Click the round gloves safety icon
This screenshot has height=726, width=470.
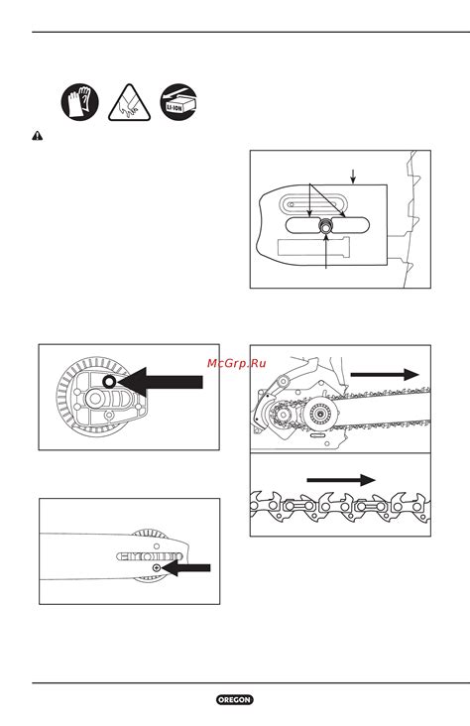(x=80, y=102)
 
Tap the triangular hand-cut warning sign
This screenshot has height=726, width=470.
(x=130, y=104)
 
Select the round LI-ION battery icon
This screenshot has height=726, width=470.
(x=178, y=102)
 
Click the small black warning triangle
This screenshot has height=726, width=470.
(x=37, y=136)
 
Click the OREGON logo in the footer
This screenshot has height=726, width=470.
(x=235, y=699)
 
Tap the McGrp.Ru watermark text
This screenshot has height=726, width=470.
(x=237, y=363)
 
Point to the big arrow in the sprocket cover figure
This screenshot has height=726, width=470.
(x=161, y=382)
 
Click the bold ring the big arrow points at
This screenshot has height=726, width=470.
(x=109, y=382)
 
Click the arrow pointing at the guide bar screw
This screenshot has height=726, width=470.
(x=186, y=567)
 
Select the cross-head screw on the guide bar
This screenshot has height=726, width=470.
(x=157, y=567)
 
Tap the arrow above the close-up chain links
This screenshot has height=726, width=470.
(x=341, y=480)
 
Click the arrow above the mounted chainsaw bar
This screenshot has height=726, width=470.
(x=385, y=374)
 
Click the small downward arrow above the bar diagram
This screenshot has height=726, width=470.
(x=353, y=177)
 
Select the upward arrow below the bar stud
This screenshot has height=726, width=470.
(x=327, y=251)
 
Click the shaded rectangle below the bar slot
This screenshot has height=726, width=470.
(x=314, y=246)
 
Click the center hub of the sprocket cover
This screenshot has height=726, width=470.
(x=95, y=398)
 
